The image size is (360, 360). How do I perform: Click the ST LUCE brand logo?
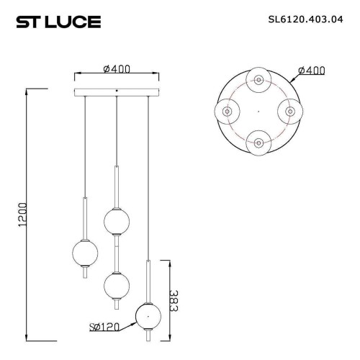click(58, 22)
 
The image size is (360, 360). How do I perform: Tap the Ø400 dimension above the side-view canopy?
click(117, 68)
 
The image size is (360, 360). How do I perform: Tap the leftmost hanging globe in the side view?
click(86, 253)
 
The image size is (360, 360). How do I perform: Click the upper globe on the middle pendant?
click(116, 221)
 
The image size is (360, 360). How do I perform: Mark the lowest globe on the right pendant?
click(148, 315)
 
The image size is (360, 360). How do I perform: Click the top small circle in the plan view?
click(257, 80)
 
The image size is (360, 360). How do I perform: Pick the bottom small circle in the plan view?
click(257, 141)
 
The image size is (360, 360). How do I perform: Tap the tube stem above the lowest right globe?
click(148, 281)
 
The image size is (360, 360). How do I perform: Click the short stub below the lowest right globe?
click(148, 336)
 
